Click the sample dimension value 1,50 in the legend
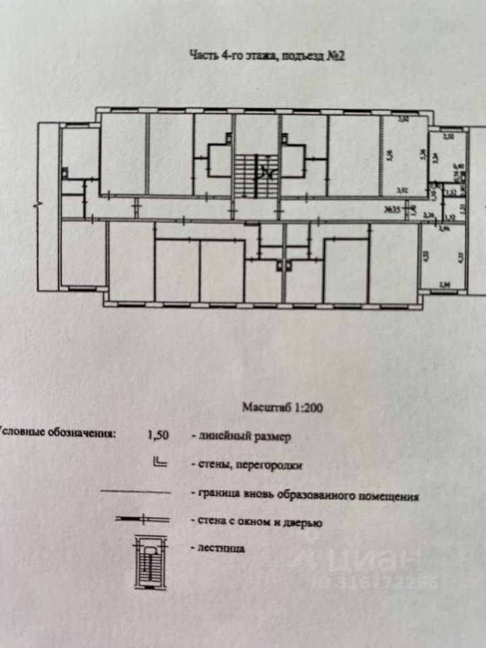[x=158, y=435]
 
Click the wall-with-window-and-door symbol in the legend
[x=142, y=519]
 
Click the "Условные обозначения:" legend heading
[x=57, y=434]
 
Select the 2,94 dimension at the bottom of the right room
[x=445, y=285]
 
